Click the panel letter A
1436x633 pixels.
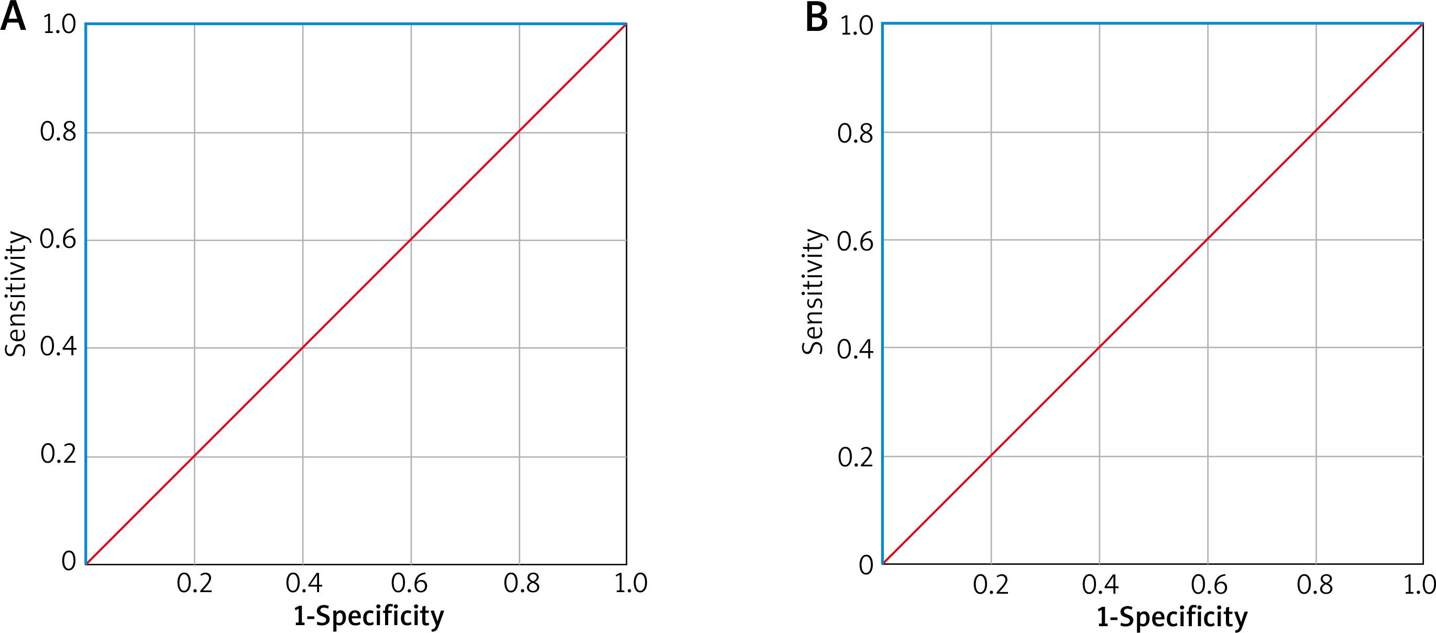pyautogui.click(x=14, y=16)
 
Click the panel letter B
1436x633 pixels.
pyautogui.click(x=817, y=17)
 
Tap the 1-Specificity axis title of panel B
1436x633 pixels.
pyautogui.click(x=1172, y=617)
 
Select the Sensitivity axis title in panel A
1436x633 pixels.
pyautogui.click(x=16, y=293)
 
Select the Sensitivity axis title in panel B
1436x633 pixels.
pyautogui.click(x=813, y=292)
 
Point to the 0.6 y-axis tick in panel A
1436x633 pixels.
pyautogui.click(x=58, y=239)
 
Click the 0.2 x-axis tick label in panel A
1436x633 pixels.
pyautogui.click(x=194, y=583)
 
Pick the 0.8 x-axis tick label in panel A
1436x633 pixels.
pyautogui.click(x=521, y=583)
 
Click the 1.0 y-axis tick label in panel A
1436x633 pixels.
pyautogui.click(x=59, y=25)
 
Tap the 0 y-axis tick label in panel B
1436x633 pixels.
pyautogui.click(x=865, y=565)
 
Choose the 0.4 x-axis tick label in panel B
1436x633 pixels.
pyautogui.click(x=1100, y=584)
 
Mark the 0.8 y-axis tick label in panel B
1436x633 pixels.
pyautogui.click(x=855, y=134)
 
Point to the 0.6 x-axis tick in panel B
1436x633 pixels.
pyautogui.click(x=1209, y=584)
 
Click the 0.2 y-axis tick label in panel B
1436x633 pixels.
pyautogui.click(x=855, y=457)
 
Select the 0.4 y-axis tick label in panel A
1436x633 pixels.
pyautogui.click(x=58, y=347)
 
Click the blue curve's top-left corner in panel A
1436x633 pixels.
pyautogui.click(x=86, y=24)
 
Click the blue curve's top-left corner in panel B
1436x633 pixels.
pyautogui.click(x=882, y=24)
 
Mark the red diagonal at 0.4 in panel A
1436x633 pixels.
pyautogui.click(x=303, y=348)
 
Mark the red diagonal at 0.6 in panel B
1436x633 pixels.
pyautogui.click(x=1208, y=239)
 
